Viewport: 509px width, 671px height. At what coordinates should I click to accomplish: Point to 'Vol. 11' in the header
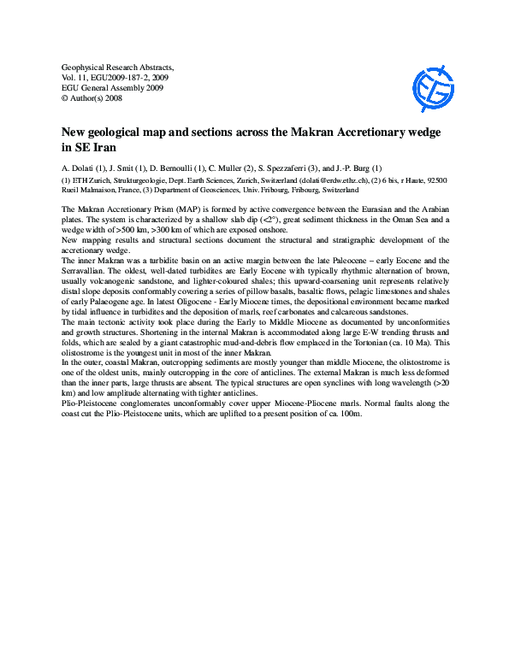(78, 77)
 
